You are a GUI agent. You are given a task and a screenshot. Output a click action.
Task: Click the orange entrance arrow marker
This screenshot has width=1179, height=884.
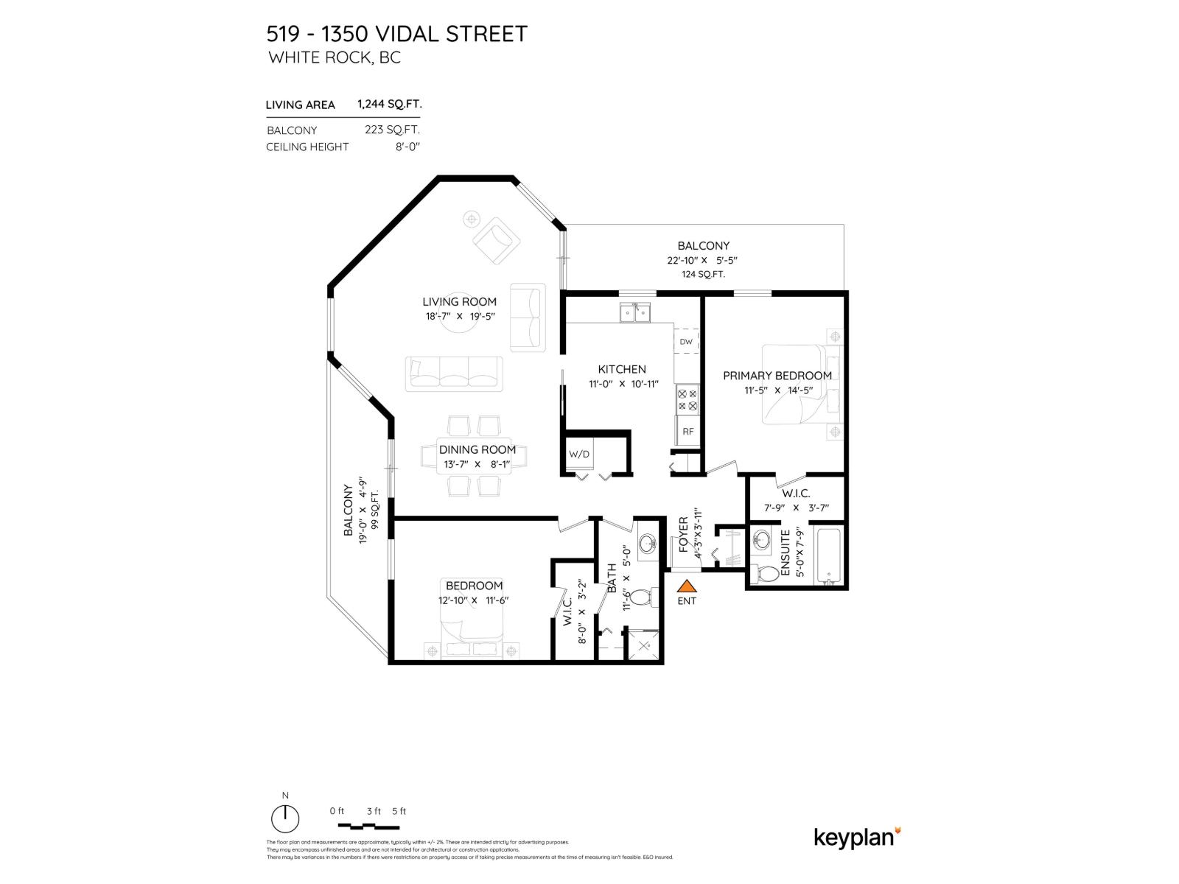(x=686, y=586)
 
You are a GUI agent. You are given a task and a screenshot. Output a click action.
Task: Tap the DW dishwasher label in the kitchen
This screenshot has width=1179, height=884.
(x=686, y=342)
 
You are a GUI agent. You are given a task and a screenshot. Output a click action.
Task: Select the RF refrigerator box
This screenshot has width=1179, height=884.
(x=688, y=432)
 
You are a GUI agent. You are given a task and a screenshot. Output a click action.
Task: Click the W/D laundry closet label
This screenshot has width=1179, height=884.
(x=579, y=454)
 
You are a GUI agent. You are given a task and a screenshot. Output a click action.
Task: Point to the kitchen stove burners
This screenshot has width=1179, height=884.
(x=687, y=399)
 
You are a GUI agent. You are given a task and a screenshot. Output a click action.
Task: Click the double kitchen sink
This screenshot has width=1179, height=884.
(x=634, y=313)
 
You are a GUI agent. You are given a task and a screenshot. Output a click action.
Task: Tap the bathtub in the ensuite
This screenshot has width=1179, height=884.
(x=828, y=555)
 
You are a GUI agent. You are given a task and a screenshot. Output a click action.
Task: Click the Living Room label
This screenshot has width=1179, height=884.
(x=459, y=301)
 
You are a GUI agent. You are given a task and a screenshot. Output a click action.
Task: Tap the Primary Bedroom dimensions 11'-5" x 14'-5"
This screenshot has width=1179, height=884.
(x=777, y=390)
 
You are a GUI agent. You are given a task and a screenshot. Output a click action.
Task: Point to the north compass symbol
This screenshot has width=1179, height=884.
(x=285, y=818)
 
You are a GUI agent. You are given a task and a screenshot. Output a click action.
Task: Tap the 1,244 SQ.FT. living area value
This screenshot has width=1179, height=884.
(x=389, y=104)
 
